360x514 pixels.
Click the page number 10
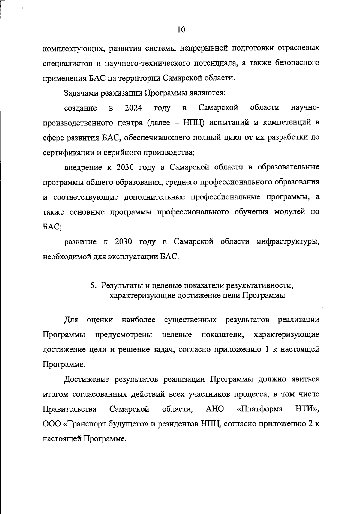tap(181, 30)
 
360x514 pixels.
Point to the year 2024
tap(133, 108)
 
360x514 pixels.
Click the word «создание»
tap(81, 108)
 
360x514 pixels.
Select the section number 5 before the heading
tap(93, 285)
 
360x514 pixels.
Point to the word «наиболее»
tap(139, 320)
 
